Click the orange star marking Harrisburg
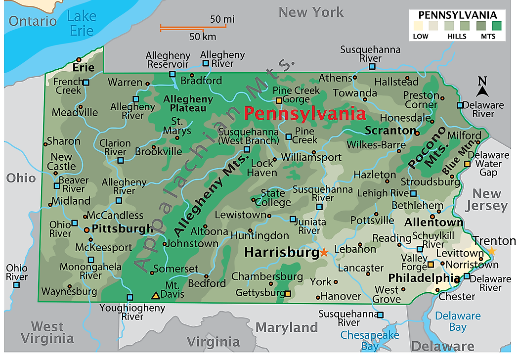[x=324, y=252]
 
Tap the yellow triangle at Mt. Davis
[x=156, y=295]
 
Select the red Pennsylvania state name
[x=305, y=113]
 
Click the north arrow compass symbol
[x=482, y=88]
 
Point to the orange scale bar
[x=193, y=28]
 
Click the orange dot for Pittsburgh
[x=87, y=229]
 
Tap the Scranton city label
[x=390, y=131]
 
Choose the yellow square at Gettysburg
[x=288, y=293]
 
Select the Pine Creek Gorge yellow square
[x=279, y=100]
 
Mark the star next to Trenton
[x=492, y=251]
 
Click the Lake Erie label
[x=81, y=23]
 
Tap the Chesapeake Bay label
[x=370, y=341]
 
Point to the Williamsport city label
[x=311, y=157]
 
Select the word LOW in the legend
[x=421, y=36]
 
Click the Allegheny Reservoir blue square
[x=172, y=74]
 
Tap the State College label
[x=276, y=197]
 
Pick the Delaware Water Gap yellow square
[x=467, y=164]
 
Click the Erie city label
[x=83, y=67]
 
